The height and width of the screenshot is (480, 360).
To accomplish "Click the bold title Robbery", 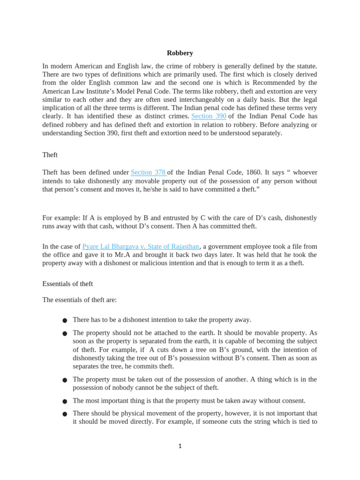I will point(180,53).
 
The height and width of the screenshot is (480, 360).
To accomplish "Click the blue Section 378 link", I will point(149,172).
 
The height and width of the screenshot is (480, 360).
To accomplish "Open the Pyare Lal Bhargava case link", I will point(141,246).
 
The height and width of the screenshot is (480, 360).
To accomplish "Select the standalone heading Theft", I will point(50,154).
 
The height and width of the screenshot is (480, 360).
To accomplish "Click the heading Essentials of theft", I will point(67,284).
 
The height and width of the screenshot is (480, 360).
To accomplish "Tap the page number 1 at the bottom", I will point(180,446).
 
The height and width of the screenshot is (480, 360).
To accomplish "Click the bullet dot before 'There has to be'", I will point(65,321).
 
